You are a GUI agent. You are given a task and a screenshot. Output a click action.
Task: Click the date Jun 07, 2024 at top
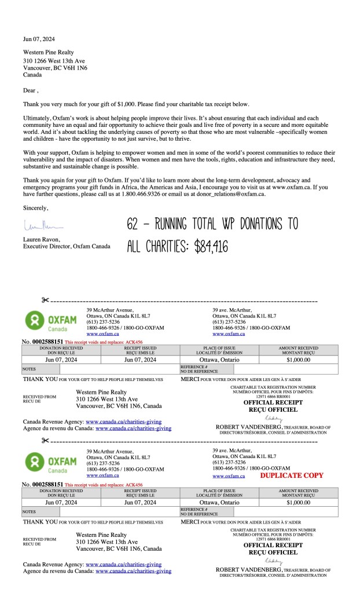[x=39, y=39]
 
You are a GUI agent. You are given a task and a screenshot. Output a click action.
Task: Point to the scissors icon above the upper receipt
[x=46, y=300]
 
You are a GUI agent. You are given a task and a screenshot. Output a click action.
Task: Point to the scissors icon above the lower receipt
[x=46, y=441]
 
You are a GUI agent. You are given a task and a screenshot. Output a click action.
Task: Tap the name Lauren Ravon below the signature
[x=43, y=239]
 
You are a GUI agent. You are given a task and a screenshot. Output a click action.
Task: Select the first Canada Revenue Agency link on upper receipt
[x=124, y=422]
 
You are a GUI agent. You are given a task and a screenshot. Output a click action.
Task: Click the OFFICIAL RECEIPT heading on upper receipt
[x=273, y=402]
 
